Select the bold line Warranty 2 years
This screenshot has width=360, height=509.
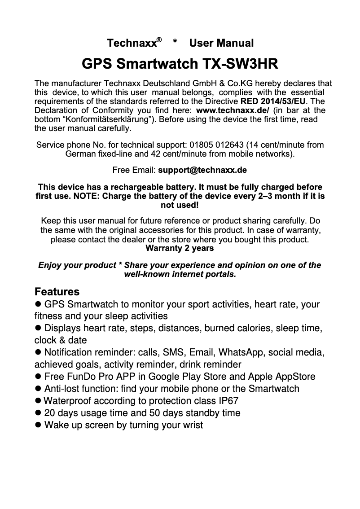[180, 248]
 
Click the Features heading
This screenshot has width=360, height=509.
[57, 292]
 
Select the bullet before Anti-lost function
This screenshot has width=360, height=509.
[38, 389]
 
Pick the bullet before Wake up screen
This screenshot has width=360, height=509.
[38, 425]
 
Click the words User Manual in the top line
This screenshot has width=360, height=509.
[221, 44]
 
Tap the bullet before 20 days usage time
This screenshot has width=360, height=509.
[38, 413]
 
